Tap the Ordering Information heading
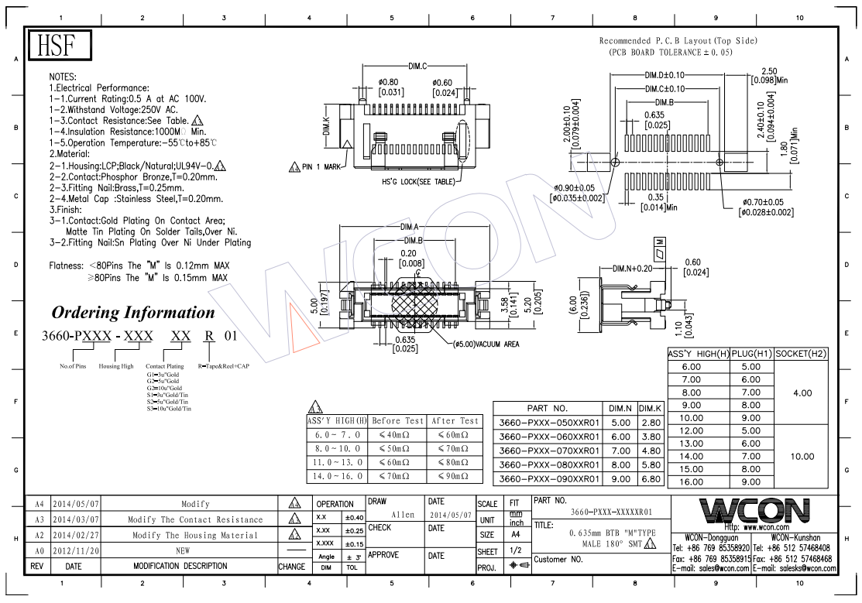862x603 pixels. (133, 313)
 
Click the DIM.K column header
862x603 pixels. (651, 408)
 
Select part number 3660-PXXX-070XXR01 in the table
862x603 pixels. (549, 451)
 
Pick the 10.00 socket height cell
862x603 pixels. (802, 457)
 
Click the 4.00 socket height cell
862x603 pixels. (802, 392)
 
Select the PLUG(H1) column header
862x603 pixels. (750, 354)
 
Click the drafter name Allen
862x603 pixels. (403, 515)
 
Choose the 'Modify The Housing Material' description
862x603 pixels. (194, 535)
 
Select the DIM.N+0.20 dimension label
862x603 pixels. (632, 269)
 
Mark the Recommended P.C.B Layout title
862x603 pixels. (678, 40)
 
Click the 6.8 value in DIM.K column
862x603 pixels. (651, 478)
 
